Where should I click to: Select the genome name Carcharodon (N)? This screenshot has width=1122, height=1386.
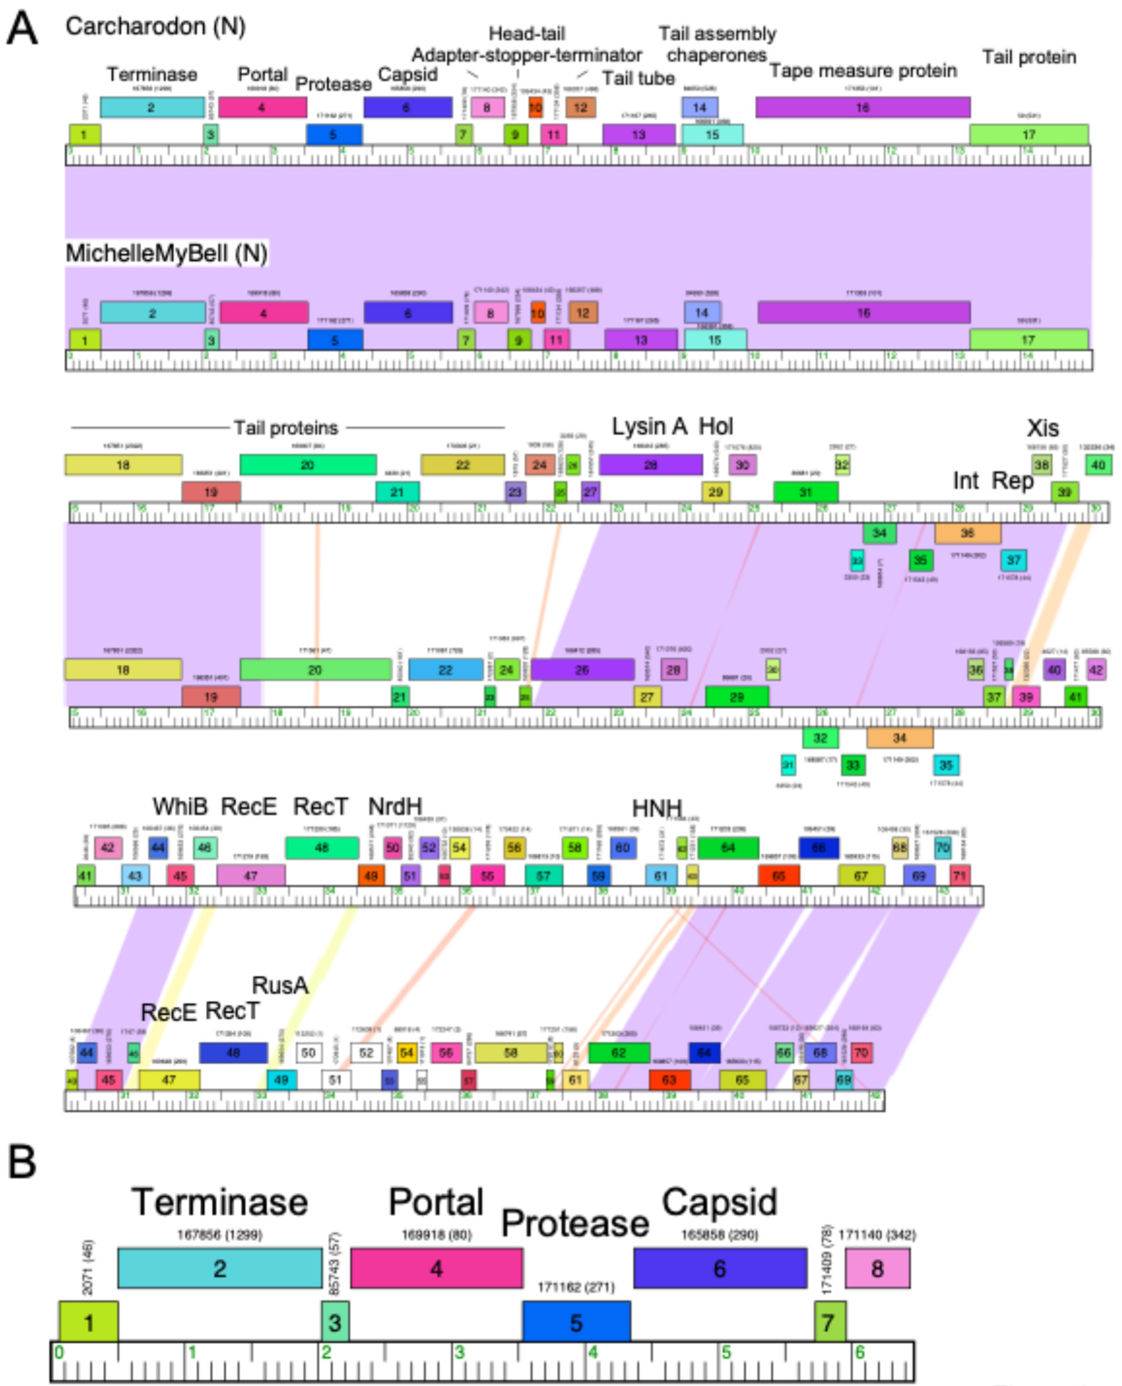(155, 27)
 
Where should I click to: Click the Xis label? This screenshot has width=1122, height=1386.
(1042, 428)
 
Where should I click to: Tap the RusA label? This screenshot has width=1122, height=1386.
(280, 985)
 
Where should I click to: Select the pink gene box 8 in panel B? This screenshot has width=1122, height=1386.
(877, 1269)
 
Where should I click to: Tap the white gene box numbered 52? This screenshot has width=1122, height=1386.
(366, 1052)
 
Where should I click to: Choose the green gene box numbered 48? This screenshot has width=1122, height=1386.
(322, 848)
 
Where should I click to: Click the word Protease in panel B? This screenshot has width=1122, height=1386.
(574, 1223)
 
